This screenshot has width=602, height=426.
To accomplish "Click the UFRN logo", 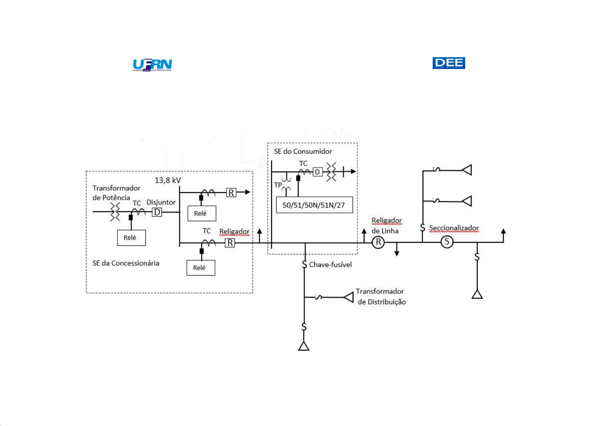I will coord(152,65).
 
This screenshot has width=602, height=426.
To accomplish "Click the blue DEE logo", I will coord(448,63).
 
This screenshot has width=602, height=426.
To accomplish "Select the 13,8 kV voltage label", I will coord(168,180).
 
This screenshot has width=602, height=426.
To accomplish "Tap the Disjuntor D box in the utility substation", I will coord(157,212).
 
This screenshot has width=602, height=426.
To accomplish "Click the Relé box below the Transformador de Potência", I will coord(131,238).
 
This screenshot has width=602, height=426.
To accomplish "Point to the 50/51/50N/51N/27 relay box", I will coord(314,205).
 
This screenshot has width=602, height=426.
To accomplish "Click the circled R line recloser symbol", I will coord(378,242).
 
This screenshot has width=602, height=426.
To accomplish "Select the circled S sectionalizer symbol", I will coord(447,242).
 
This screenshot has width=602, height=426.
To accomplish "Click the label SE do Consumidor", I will coord(303,152).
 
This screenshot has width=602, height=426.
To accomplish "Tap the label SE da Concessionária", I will coord(126,263).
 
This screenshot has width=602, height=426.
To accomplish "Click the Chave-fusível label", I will coord(330,265).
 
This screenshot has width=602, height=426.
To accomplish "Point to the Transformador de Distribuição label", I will coord(381,297).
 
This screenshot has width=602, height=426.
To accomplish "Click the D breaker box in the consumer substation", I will coord(317,172).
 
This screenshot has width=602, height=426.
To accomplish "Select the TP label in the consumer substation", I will coord(278,185).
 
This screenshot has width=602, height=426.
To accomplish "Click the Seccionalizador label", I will coord(454,228).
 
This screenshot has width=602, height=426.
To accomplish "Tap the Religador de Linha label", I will coord(386,226).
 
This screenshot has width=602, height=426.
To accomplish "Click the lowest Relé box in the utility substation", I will coord(200,268).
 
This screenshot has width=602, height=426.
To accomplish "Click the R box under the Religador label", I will coord(230,243).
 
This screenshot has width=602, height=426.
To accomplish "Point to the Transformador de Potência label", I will coord(116,193).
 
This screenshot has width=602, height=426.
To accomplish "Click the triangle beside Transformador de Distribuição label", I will coord(349,297).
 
